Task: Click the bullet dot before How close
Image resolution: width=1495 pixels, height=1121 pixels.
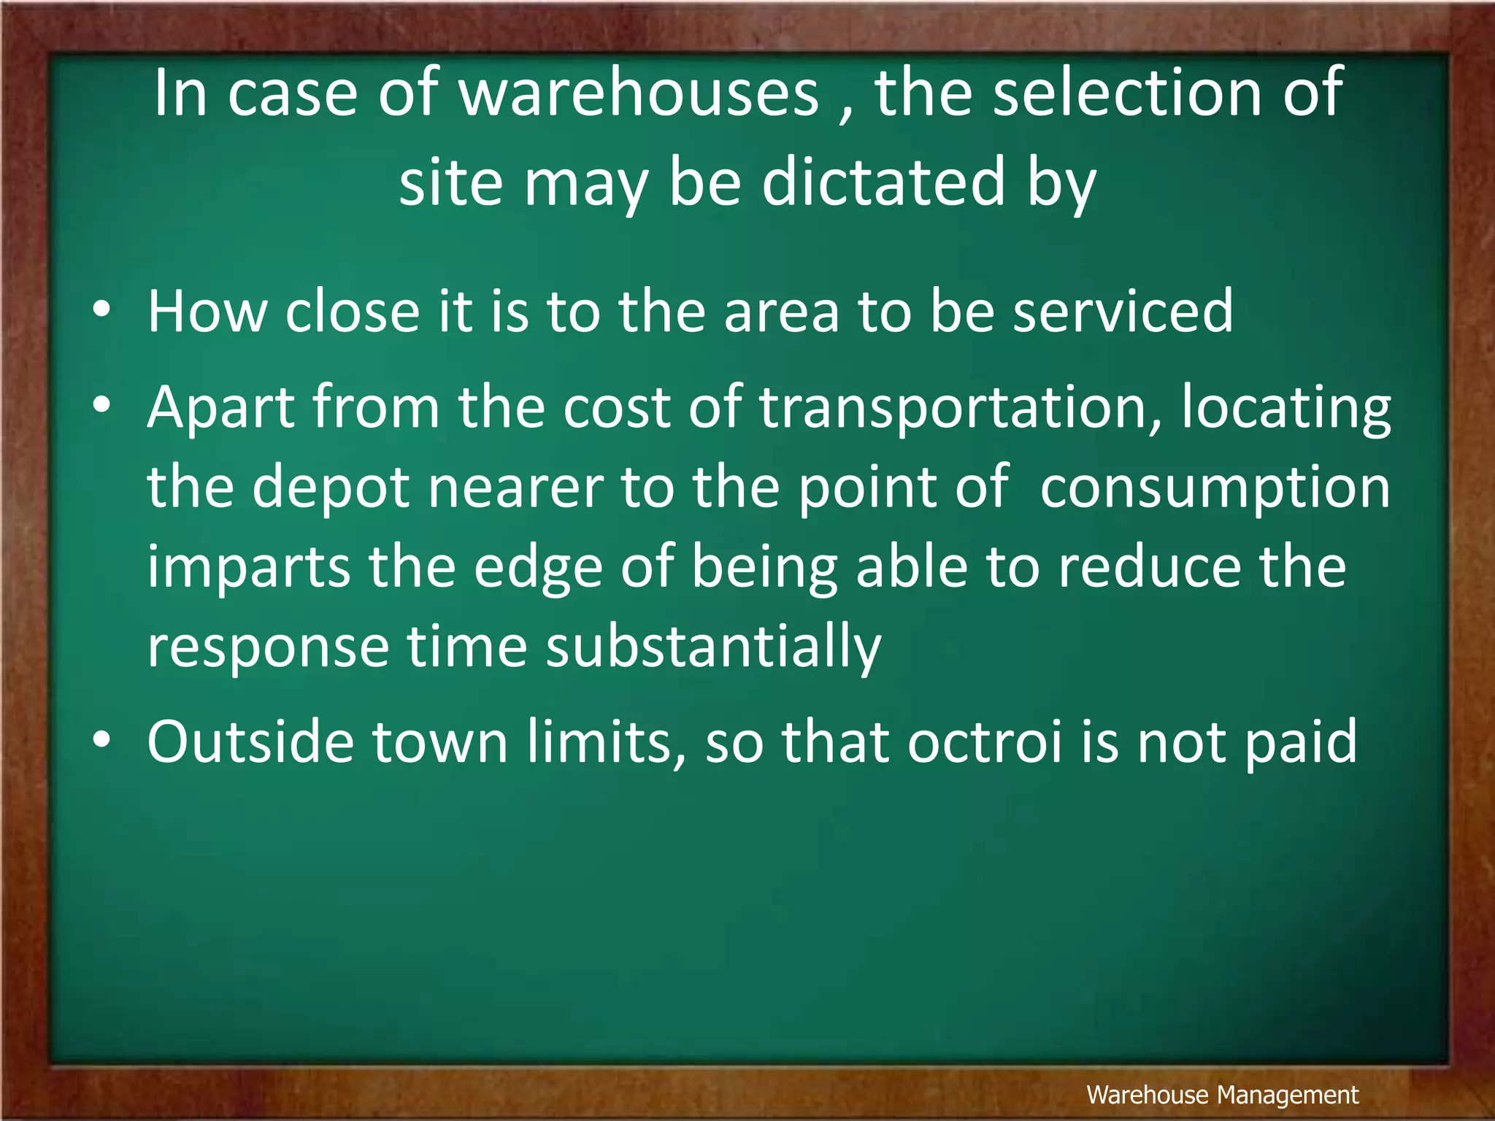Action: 101,309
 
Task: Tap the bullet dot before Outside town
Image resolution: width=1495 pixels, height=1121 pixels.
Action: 101,739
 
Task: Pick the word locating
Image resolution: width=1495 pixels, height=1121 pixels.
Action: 1286,409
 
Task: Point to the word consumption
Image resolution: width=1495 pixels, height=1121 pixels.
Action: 1215,488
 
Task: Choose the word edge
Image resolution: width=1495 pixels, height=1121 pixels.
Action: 538,569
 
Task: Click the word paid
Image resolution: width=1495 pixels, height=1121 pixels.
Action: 1301,743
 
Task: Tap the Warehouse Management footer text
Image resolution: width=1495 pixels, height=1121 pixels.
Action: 1222,1095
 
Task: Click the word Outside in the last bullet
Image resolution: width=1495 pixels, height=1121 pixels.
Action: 250,741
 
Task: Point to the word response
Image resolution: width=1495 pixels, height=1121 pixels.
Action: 269,649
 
